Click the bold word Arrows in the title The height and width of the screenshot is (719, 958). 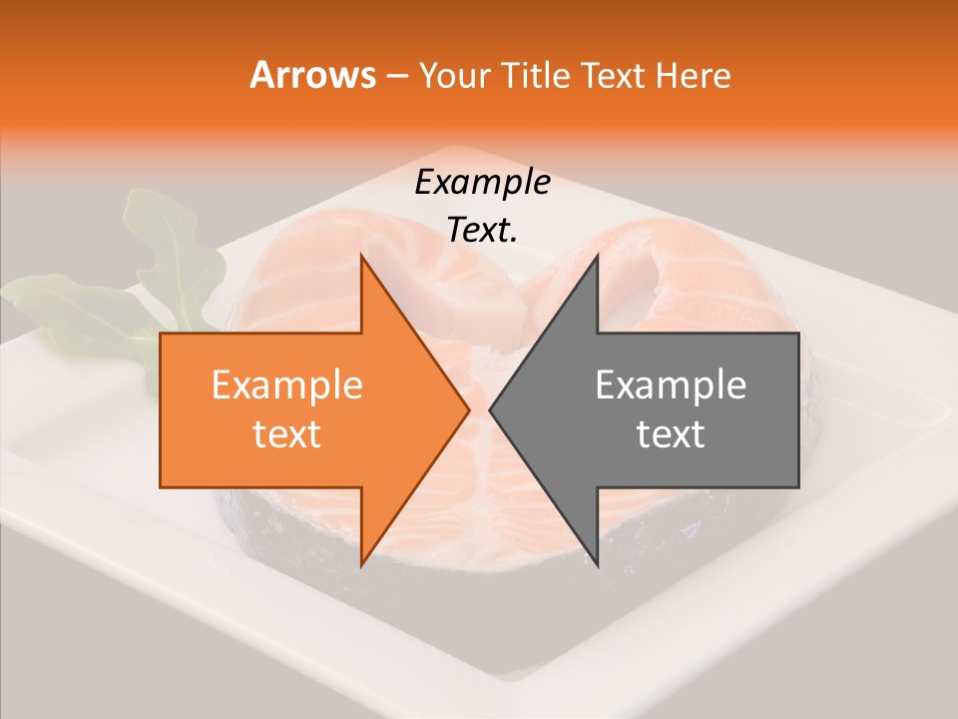[313, 75]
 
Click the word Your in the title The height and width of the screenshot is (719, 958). [454, 75]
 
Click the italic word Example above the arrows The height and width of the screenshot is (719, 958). [482, 182]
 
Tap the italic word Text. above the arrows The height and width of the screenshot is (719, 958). [482, 231]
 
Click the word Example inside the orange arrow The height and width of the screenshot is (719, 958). [287, 385]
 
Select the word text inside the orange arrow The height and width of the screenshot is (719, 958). [287, 433]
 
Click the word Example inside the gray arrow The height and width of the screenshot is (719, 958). [671, 385]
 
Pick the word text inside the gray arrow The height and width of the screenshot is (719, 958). [671, 433]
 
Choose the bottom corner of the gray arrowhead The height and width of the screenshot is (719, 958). [597, 565]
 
